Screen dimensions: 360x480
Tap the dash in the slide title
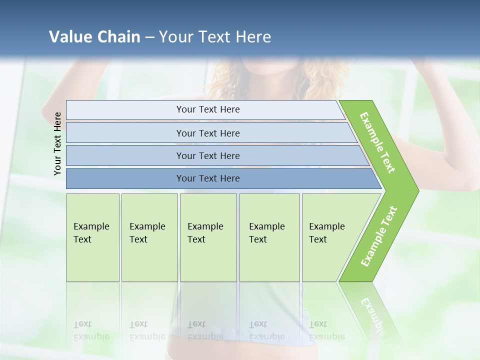[x=149, y=37]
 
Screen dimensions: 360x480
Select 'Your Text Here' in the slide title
[x=215, y=37]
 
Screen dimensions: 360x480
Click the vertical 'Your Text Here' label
[x=57, y=143]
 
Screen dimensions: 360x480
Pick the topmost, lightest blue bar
[x=207, y=109]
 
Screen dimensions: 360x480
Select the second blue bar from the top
[x=207, y=133]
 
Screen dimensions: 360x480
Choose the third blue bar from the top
[x=207, y=155]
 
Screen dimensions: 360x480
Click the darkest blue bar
[x=207, y=178]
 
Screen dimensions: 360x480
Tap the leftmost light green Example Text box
[x=92, y=237]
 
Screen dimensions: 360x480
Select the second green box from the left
[x=149, y=237]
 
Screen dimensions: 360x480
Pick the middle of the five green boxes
[x=208, y=237]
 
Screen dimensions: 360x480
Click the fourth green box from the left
[x=269, y=237]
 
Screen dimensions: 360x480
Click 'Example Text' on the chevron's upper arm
[x=377, y=142]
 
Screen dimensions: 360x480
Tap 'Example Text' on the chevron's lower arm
[x=378, y=236]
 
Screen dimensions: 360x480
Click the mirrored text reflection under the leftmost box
[x=91, y=330]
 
